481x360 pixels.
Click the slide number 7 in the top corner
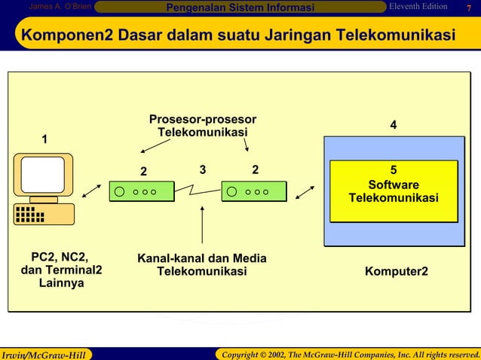[468, 8]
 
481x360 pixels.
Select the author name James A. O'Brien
[60, 8]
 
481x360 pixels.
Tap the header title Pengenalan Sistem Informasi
[240, 8]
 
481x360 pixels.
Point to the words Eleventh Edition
[418, 8]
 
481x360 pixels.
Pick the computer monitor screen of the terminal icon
[42, 175]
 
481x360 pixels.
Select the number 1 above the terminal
[44, 139]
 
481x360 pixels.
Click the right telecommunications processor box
[254, 191]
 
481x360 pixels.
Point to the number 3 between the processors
[202, 169]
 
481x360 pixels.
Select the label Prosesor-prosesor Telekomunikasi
[202, 126]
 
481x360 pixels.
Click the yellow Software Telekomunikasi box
[393, 191]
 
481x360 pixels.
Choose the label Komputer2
[397, 270]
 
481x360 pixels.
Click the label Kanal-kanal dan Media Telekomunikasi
[201, 265]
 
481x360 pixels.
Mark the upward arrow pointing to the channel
[202, 226]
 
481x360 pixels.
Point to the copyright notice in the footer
[347, 354]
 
